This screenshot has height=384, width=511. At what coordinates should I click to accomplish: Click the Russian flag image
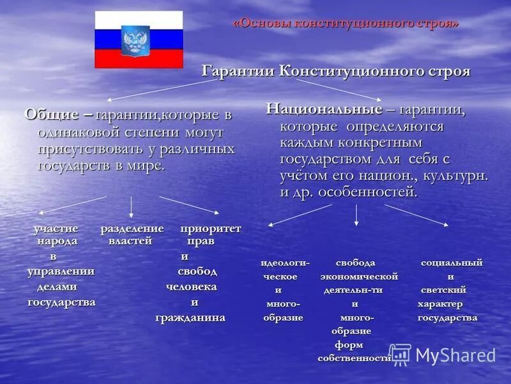139,40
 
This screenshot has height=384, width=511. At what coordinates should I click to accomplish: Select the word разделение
132,228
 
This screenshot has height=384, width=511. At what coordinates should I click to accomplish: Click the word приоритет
210,228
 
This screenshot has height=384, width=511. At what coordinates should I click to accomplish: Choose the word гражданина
190,317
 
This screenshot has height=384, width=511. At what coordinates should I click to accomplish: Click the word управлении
61,271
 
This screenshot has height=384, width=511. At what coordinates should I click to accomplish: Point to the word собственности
354,358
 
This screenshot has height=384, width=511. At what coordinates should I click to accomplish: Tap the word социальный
452,263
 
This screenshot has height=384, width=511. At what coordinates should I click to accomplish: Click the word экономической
359,276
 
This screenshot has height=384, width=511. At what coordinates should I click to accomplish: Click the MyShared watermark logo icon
400,355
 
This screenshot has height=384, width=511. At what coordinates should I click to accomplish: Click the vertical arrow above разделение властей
131,207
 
